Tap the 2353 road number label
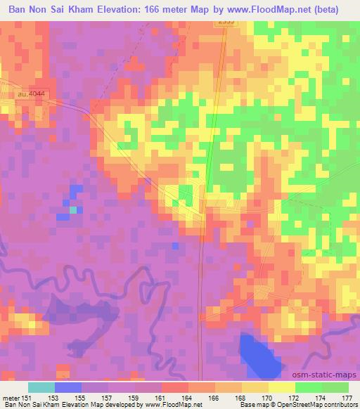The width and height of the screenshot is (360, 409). pyautogui.click(x=225, y=22)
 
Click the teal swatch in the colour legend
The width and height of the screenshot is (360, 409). pyautogui.click(x=41, y=387)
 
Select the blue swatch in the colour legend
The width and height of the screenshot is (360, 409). pyautogui.click(x=68, y=387)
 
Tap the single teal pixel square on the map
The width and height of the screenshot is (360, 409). pyautogui.click(x=72, y=209)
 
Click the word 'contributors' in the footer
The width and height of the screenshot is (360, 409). pyautogui.click(x=340, y=405)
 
